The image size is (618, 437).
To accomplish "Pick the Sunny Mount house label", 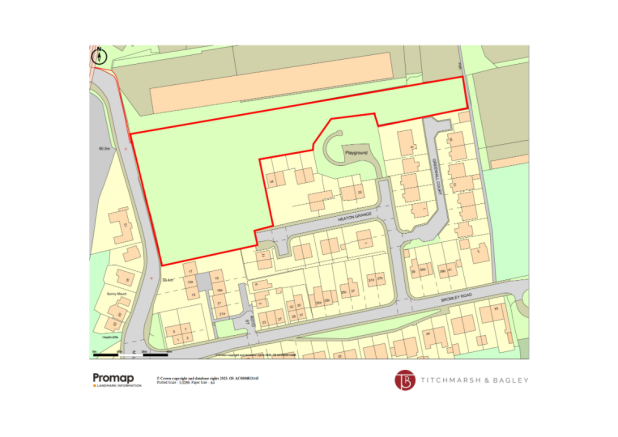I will pyautogui.click(x=115, y=293).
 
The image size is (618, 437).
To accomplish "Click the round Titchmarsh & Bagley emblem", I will pyautogui.click(x=405, y=381).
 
